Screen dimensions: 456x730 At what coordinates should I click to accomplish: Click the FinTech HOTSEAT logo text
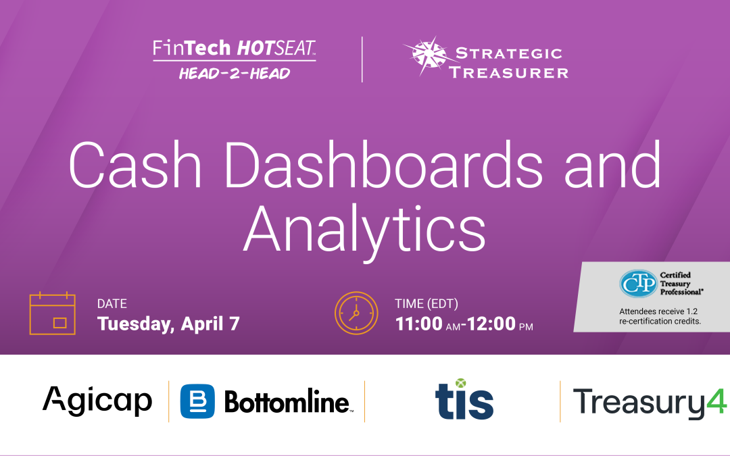[234, 49]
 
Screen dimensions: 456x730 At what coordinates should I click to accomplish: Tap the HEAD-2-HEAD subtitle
[234, 73]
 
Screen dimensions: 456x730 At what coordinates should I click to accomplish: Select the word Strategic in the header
[509, 53]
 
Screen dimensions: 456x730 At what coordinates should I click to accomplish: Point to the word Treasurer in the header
[509, 72]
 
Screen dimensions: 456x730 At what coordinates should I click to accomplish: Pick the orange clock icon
[356, 313]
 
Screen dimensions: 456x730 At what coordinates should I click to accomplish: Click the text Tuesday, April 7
[168, 324]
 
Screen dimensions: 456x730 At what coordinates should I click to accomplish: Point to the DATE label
[112, 304]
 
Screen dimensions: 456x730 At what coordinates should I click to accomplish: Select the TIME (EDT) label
[426, 304]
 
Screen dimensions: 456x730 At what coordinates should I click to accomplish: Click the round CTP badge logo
[637, 284]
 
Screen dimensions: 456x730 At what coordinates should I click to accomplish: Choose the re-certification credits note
[660, 316]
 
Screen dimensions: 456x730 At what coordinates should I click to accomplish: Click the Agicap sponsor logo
[97, 401]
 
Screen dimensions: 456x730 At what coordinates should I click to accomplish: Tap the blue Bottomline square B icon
[197, 401]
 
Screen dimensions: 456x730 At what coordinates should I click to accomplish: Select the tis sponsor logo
[464, 399]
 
